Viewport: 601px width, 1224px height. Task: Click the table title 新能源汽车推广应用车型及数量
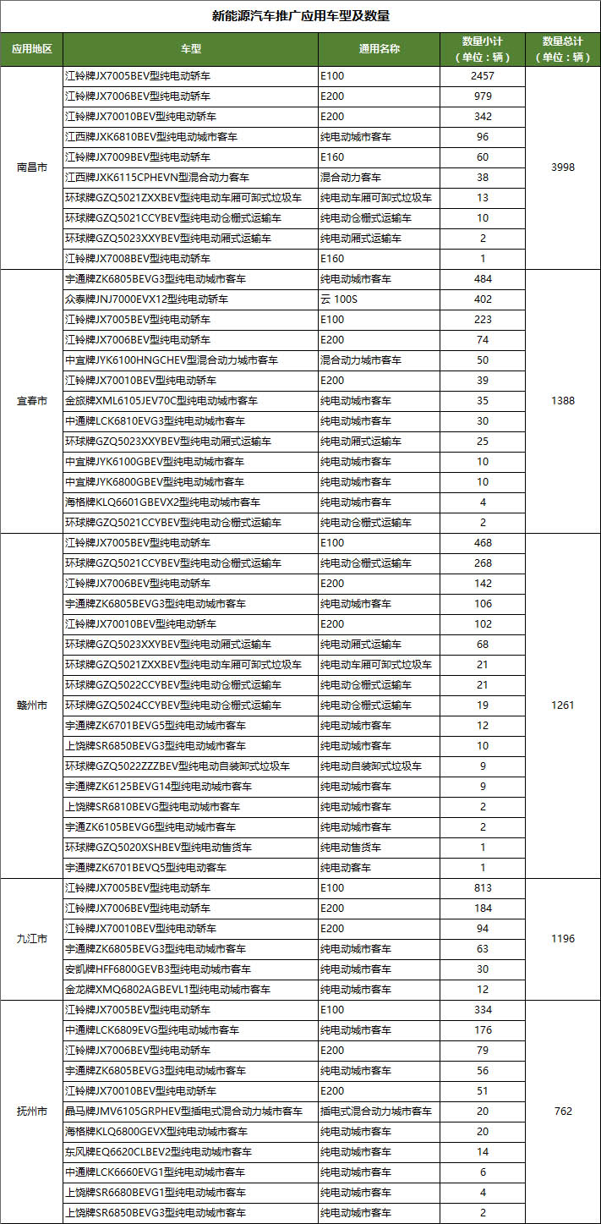(300, 16)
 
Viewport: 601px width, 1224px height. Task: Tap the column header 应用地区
(32, 49)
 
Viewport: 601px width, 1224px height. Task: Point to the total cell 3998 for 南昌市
(563, 167)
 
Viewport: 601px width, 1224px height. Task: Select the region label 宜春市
(32, 401)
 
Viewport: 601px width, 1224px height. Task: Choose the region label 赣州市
(32, 705)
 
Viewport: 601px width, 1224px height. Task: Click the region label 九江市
(32, 939)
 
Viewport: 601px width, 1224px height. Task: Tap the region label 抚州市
(32, 1111)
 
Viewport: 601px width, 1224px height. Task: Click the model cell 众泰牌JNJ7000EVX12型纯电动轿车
(146, 299)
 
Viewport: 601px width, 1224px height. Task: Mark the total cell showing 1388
(563, 401)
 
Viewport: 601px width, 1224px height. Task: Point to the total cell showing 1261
(563, 705)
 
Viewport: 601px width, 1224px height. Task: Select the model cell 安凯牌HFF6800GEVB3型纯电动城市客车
(158, 969)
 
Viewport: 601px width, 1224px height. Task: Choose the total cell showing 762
(563, 1111)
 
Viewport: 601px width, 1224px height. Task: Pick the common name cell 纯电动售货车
(351, 848)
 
